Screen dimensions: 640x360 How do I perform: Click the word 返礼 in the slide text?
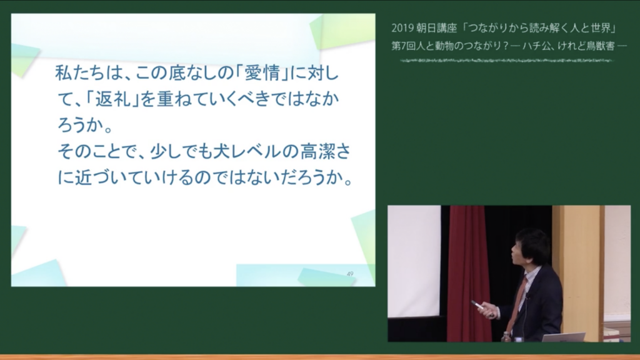[x=112, y=99]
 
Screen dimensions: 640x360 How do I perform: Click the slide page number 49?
[x=350, y=274]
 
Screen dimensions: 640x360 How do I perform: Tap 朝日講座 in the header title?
[x=436, y=28]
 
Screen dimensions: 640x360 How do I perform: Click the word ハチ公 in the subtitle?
[x=535, y=46]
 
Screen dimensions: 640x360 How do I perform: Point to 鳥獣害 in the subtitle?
[x=601, y=46]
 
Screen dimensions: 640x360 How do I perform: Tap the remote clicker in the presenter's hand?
[x=477, y=304]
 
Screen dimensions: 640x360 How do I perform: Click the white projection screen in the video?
[x=414, y=261]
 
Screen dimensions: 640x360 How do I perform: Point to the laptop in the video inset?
[x=564, y=337]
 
